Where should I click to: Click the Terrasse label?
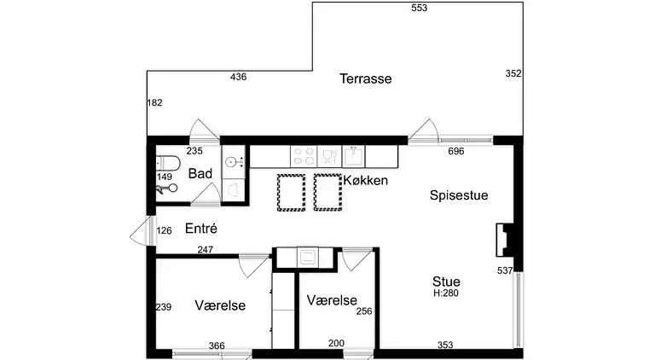pos(365,78)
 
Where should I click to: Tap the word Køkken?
pos(366,181)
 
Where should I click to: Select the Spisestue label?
pos(458,195)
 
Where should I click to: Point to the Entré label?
pos(200,229)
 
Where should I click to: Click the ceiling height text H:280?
pos(447,293)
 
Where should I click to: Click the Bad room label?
pos(200,174)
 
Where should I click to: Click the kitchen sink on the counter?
pos(353,156)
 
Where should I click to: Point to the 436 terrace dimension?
pos(239,78)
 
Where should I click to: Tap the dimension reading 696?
pos(455,152)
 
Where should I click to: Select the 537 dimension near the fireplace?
pos(505,270)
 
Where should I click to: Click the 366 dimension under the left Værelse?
pos(217,345)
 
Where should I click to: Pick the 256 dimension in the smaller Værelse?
pos(365,311)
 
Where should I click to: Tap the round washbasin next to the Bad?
pos(232,161)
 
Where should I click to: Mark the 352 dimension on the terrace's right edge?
pos(513,74)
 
